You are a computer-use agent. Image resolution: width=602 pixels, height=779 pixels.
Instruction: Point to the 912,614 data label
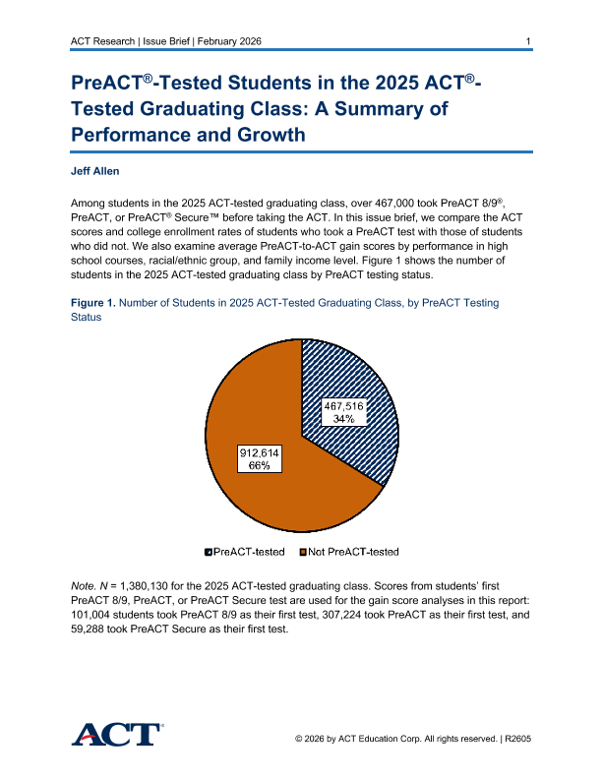[261, 451]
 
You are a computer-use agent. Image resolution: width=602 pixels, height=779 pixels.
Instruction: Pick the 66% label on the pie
[261, 465]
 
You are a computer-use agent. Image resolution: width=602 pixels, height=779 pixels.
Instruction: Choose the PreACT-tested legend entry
[247, 552]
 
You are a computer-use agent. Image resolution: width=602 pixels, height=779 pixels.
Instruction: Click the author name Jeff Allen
[95, 171]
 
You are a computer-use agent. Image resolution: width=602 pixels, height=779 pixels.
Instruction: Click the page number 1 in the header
[529, 40]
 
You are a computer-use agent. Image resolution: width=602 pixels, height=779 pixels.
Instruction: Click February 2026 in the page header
[233, 40]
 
